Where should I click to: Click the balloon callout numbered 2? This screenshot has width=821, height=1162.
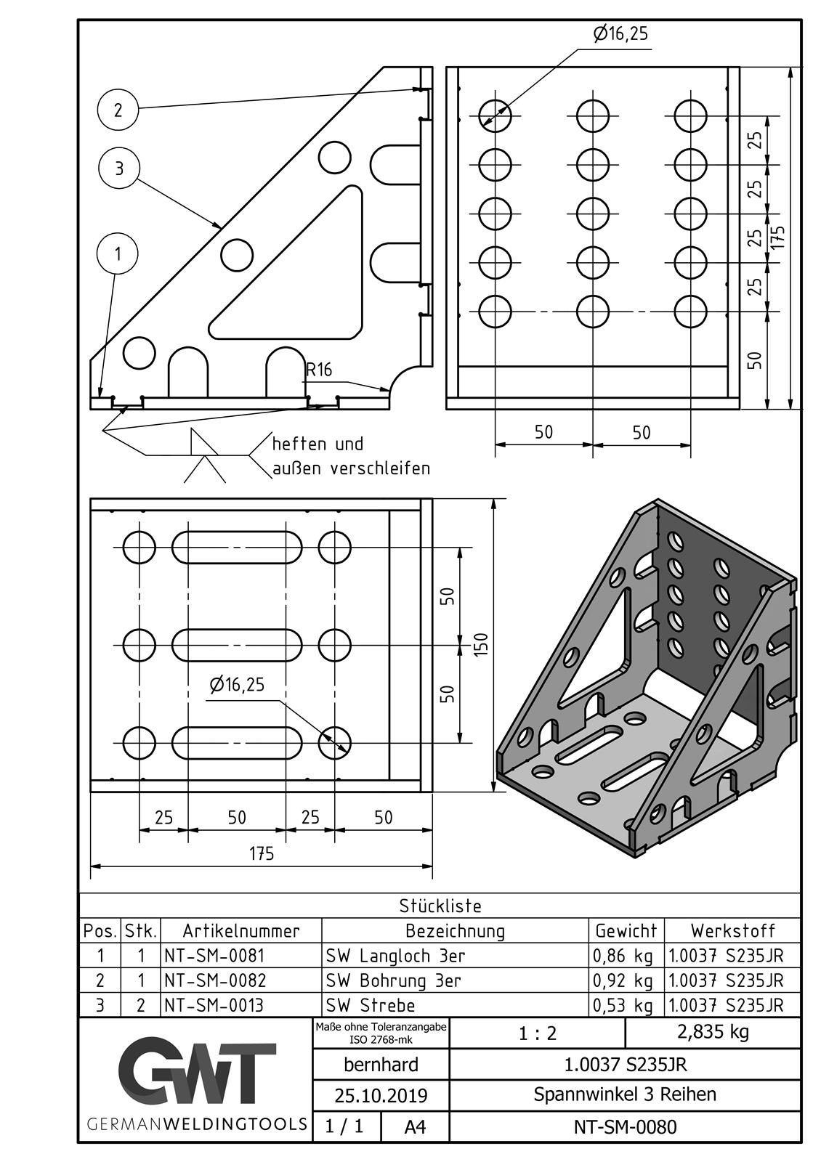(118, 110)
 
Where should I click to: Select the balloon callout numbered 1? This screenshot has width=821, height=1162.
(118, 253)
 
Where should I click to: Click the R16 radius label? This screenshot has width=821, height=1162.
(318, 370)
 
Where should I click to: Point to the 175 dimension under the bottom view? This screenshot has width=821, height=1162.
(262, 853)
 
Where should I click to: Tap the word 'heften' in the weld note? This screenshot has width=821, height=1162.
(301, 444)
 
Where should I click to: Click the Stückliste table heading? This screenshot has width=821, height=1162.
(440, 906)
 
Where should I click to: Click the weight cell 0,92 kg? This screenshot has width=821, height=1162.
(623, 980)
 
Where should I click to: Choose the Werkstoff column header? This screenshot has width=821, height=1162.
(732, 930)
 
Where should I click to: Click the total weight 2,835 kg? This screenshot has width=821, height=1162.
(712, 1031)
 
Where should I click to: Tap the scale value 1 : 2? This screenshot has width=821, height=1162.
(538, 1033)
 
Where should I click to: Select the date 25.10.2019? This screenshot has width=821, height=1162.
(381, 1095)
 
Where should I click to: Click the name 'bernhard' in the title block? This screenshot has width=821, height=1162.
(381, 1065)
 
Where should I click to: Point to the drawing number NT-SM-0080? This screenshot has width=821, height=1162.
(625, 1126)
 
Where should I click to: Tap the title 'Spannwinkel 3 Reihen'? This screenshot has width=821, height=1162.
(625, 1094)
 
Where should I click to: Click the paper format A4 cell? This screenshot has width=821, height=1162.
(415, 1126)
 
